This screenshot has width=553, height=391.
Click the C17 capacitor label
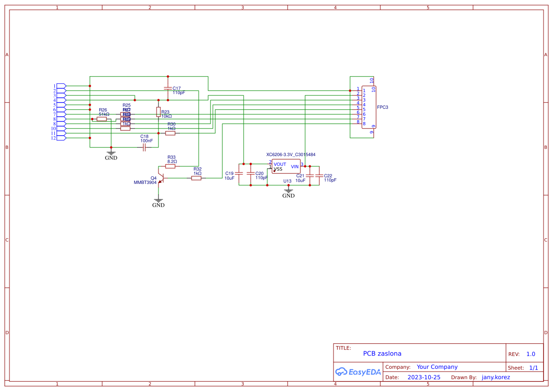tap(176, 88)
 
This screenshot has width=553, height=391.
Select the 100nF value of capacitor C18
tap(147, 141)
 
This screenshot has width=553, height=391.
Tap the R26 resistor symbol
tap(102, 119)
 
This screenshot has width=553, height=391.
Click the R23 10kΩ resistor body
tap(158, 112)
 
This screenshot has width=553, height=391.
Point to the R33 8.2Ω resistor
tap(170, 166)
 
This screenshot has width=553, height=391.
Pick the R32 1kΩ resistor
tap(196, 178)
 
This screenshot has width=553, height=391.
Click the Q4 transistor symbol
tap(161, 178)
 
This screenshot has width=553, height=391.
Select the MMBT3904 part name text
tap(145, 182)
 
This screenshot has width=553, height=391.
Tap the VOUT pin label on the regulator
tap(280, 165)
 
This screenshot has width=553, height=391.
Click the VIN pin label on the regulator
tap(295, 166)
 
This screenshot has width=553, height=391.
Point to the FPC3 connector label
tap(383, 107)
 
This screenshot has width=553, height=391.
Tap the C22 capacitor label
tap(328, 176)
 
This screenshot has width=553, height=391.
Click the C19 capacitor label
tap(229, 174)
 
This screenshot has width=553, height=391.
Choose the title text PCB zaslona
tap(382, 353)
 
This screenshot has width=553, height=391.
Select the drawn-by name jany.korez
tap(496, 377)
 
